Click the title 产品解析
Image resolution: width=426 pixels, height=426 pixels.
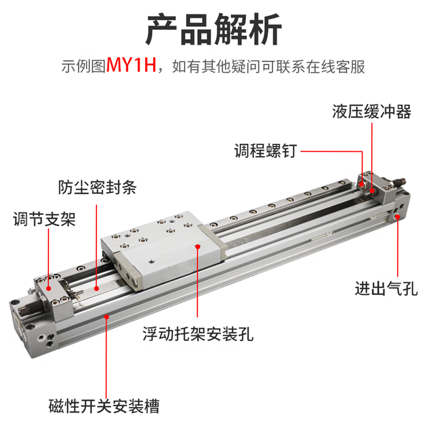pyautogui.click(x=213, y=30)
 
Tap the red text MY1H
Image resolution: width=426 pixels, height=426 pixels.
pyautogui.click(x=131, y=67)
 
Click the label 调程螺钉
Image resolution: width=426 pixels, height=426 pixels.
pyautogui.click(x=265, y=151)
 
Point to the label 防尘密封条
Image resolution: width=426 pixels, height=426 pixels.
pyautogui.click(x=97, y=187)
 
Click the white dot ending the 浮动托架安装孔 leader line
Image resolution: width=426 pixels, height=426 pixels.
pyautogui.click(x=198, y=246)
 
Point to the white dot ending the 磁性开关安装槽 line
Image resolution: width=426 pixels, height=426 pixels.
pyautogui.click(x=107, y=316)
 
